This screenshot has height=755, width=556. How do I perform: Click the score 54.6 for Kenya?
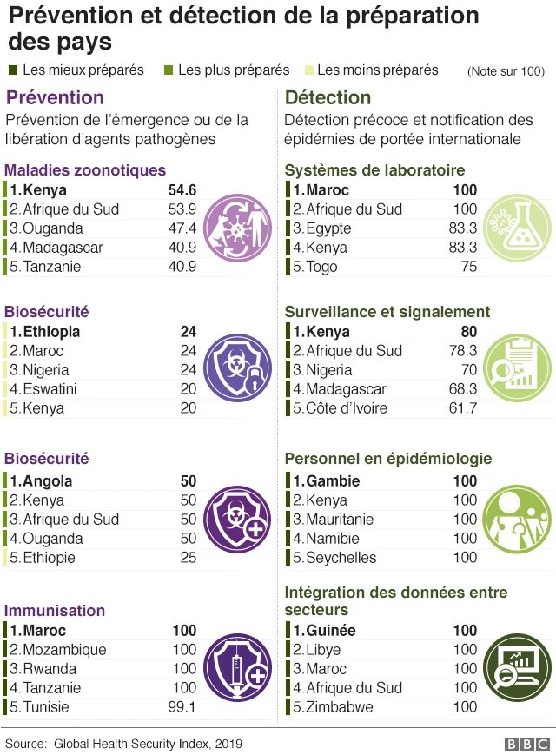(182, 190)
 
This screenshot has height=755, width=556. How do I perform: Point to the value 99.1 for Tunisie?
(182, 707)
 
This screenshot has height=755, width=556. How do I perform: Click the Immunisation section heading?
(55, 611)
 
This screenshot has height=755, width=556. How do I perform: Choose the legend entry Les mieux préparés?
(83, 70)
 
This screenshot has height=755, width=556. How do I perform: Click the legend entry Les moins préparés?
(378, 70)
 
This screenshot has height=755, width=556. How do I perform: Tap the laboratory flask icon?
(516, 228)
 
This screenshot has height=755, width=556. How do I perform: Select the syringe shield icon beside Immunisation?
(235, 668)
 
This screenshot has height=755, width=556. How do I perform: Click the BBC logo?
(526, 744)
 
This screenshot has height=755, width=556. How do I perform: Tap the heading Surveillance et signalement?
(387, 311)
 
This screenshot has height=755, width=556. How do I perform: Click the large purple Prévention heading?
(56, 97)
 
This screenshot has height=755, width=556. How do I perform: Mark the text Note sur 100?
(506, 70)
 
